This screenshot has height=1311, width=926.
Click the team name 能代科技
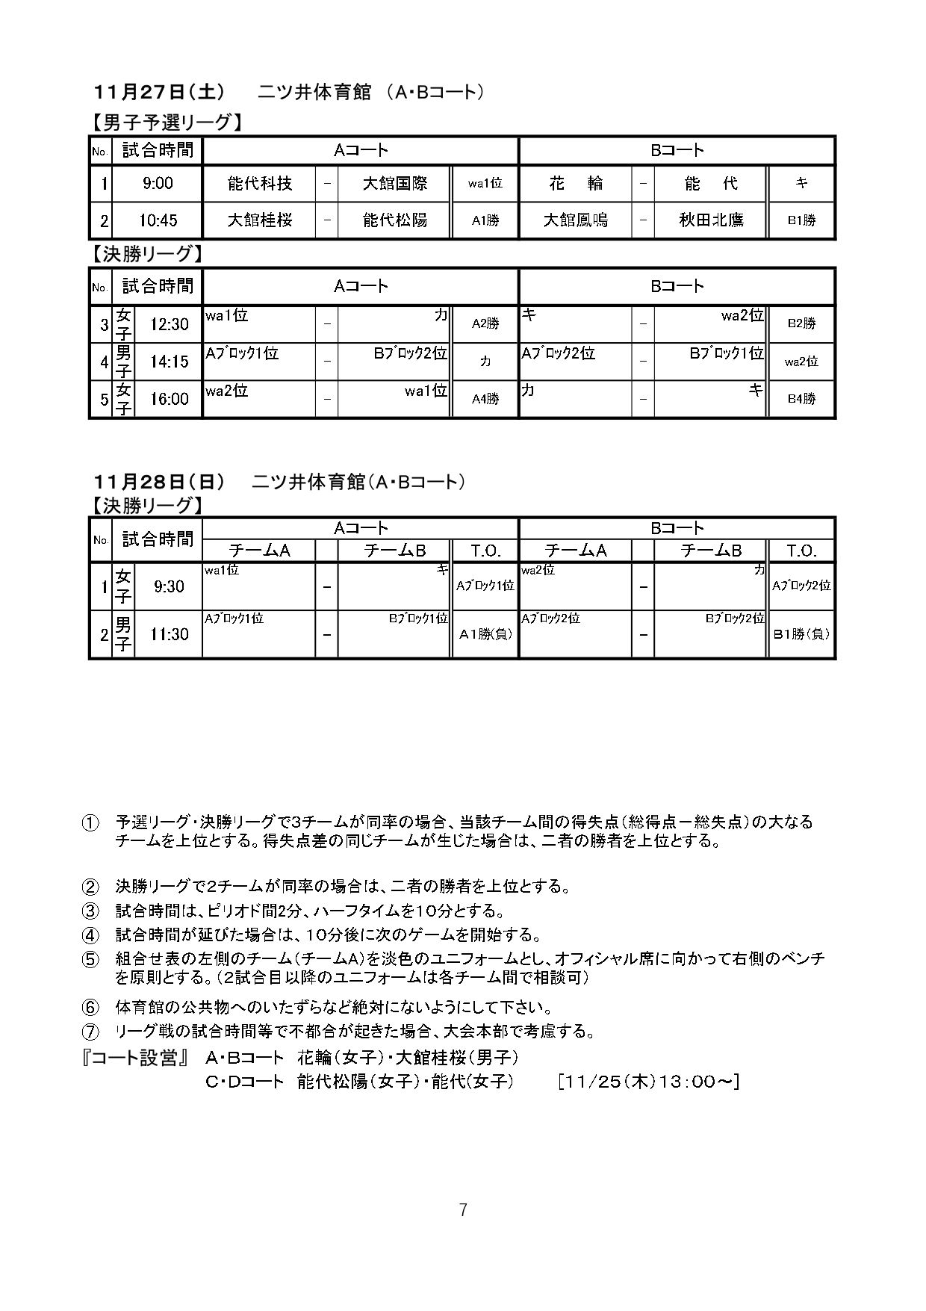click(259, 183)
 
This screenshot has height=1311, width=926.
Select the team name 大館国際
click(394, 183)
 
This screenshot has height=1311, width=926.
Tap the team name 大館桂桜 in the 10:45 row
click(259, 220)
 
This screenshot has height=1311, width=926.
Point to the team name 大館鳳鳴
click(575, 220)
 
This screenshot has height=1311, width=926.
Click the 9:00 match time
click(157, 183)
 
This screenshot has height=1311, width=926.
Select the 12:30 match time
click(169, 324)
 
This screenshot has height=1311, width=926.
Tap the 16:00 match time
click(169, 399)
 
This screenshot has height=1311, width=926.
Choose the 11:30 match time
click(169, 634)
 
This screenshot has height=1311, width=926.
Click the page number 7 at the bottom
click(463, 1209)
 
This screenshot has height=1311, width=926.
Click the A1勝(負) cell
click(485, 634)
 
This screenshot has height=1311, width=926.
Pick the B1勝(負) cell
click(801, 634)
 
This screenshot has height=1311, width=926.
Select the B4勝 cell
click(801, 399)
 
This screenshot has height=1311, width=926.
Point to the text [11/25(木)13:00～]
click(647, 1081)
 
